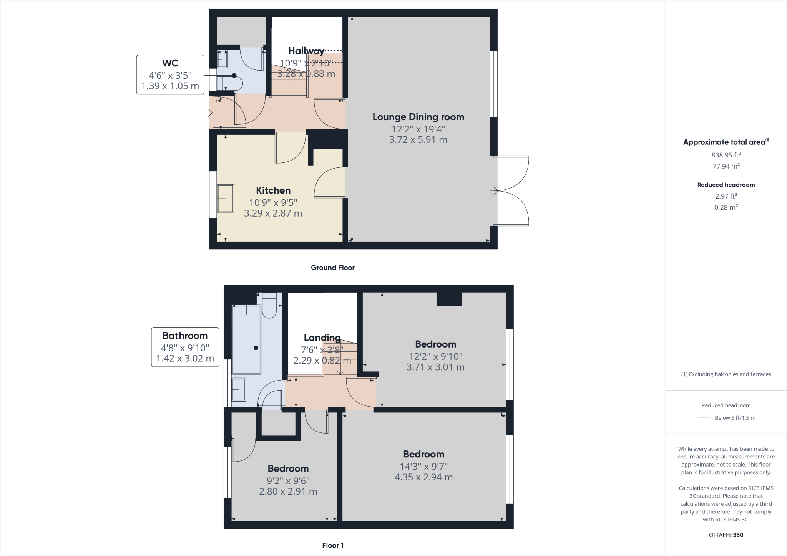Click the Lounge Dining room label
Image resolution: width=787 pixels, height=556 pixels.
click(x=418, y=117)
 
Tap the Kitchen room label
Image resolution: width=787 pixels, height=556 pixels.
click(x=273, y=190)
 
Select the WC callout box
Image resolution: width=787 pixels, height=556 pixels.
click(x=170, y=74)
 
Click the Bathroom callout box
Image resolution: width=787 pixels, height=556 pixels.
click(x=185, y=347)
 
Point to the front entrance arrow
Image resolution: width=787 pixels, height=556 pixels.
click(x=209, y=113)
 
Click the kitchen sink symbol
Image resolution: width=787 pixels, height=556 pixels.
click(x=226, y=199)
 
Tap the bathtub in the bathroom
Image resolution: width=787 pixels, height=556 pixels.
click(x=246, y=339)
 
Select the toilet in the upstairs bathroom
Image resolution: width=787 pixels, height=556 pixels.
click(x=269, y=306)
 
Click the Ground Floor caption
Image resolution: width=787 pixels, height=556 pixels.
click(x=332, y=268)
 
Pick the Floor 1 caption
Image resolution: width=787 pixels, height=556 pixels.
click(x=333, y=545)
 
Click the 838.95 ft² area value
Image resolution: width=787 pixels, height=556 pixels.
click(x=726, y=155)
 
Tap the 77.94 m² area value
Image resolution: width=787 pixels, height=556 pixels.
click(x=726, y=166)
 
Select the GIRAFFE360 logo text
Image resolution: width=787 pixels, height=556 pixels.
click(x=726, y=535)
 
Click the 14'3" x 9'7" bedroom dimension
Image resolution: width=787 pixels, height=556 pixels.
click(x=423, y=466)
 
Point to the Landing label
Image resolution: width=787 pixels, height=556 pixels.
click(x=322, y=338)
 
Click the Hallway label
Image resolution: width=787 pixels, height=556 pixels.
click(x=306, y=51)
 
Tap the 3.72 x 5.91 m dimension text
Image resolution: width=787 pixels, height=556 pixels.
click(x=418, y=140)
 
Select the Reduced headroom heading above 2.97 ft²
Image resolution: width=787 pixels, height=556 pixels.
click(x=726, y=185)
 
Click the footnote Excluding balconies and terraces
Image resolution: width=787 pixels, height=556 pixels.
click(x=726, y=374)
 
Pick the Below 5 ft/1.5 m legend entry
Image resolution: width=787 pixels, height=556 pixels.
click(x=734, y=418)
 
